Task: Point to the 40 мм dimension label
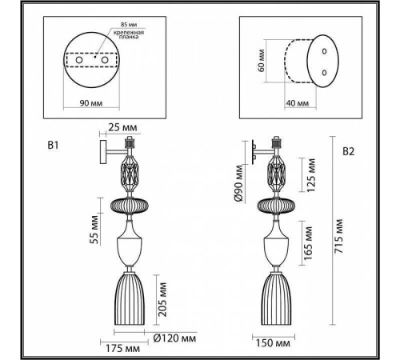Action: point(296,102)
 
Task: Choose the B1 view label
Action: point(54,146)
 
